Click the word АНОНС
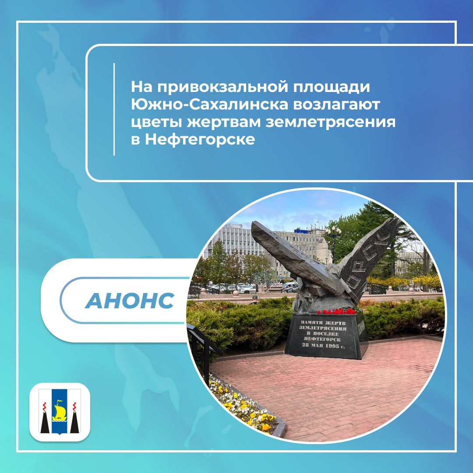(130, 300)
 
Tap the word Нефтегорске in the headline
(200, 140)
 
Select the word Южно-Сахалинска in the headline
(210, 105)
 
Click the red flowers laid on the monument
(337, 311)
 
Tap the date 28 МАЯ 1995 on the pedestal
(323, 346)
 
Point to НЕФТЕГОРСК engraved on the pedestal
(322, 339)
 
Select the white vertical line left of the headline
(114, 109)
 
